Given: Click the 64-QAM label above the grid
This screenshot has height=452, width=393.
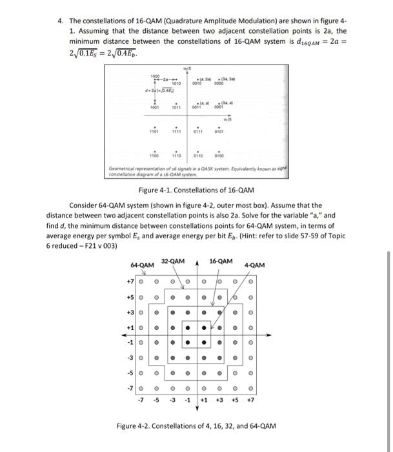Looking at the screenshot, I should [141, 265].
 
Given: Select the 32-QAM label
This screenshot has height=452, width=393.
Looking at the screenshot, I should [174, 261].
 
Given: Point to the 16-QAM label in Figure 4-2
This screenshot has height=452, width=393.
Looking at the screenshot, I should [221, 261].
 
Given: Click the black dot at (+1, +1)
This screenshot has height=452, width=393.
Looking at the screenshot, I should [204, 328].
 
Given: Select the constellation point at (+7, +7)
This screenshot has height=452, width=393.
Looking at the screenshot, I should [251, 282].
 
